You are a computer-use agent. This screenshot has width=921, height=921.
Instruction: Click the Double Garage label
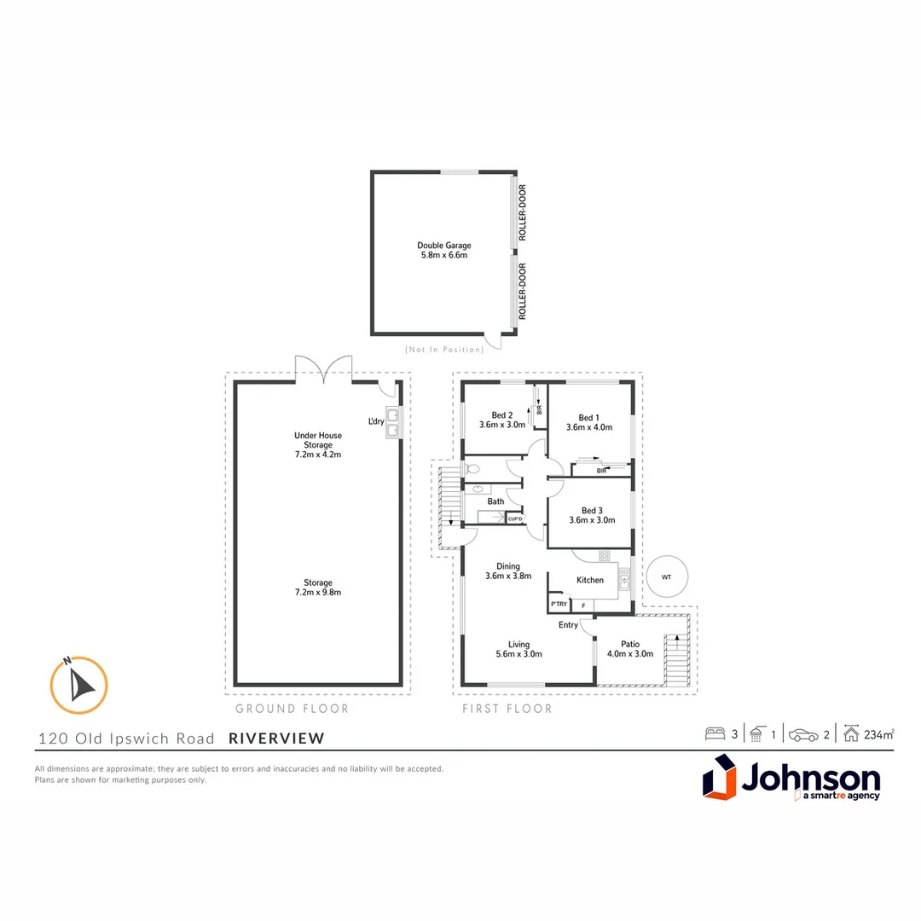443,250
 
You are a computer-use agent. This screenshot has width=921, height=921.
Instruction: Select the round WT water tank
666,577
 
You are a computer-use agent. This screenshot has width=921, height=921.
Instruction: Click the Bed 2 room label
501,420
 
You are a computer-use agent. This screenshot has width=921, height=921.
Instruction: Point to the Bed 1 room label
589,422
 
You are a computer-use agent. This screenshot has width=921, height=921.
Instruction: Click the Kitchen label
590,580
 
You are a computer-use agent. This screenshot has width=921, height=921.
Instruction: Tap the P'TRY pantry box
559,605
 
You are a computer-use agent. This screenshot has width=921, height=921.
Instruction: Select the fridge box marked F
583,605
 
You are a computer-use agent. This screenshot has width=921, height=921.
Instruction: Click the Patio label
630,649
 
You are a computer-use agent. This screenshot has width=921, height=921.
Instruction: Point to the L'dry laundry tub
393,421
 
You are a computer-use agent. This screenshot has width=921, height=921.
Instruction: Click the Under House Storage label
318,444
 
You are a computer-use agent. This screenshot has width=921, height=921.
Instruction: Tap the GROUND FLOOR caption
293,709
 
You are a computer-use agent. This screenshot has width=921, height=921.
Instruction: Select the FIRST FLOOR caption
507,709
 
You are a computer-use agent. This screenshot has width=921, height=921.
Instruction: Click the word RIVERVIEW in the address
276,739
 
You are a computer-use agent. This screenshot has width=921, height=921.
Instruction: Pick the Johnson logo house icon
719,779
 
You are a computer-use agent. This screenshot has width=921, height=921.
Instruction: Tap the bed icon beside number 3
715,733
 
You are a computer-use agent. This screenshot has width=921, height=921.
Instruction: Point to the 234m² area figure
879,733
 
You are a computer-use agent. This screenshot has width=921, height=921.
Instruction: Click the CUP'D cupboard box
515,518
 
